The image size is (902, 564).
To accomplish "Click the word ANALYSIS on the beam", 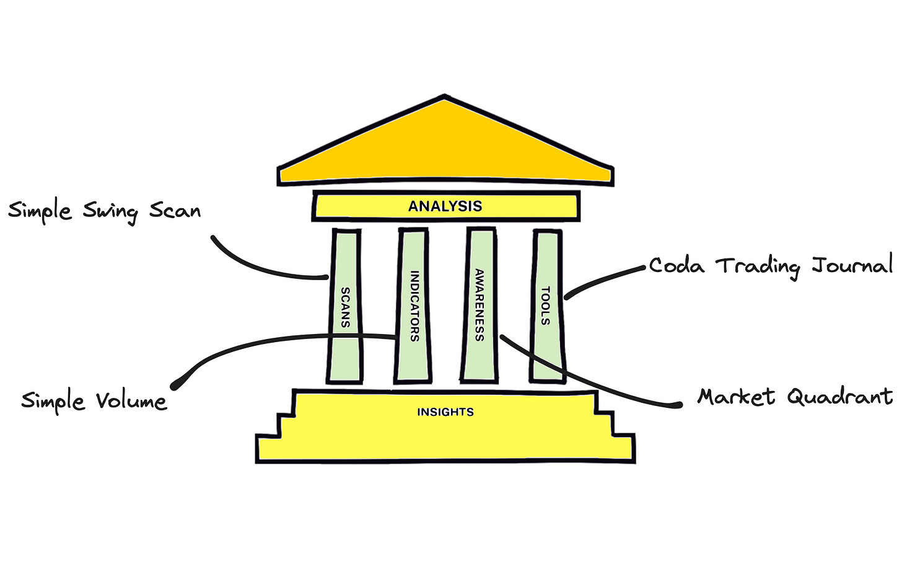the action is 445,206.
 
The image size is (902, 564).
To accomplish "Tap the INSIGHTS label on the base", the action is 445,412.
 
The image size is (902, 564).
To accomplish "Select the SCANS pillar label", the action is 345,307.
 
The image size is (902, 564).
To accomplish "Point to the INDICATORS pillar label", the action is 414,306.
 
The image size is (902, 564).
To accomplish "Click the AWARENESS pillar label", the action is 479,305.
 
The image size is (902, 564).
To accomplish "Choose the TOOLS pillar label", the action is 545,306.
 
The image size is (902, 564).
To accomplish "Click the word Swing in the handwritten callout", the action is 110,212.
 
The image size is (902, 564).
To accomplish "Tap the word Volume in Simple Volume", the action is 131,401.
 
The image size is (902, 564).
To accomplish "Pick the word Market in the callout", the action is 736,396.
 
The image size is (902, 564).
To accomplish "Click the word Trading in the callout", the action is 758,267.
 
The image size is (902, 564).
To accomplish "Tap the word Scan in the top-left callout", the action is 175,211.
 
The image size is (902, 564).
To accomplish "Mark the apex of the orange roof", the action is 445,97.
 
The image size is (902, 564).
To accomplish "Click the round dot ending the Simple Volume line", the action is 176,385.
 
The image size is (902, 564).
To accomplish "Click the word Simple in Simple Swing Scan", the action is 40,211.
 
